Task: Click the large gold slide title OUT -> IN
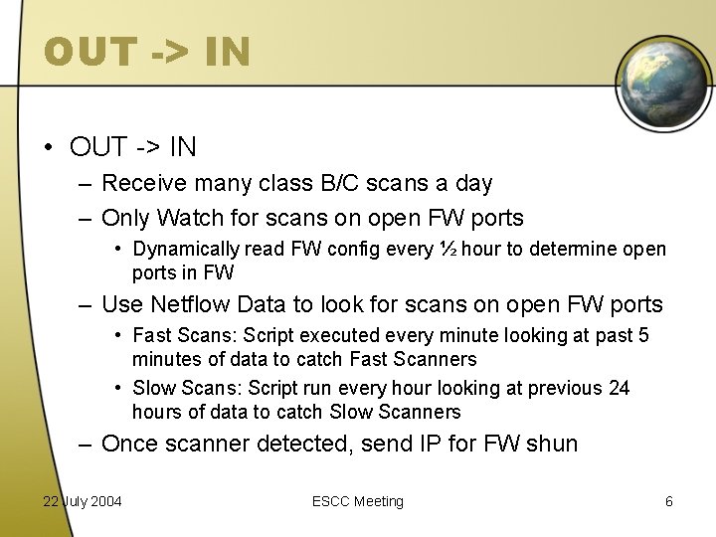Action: tap(147, 53)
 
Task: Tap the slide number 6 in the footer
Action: tap(669, 501)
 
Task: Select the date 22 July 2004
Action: tap(83, 501)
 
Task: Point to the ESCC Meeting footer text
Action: tap(358, 501)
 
